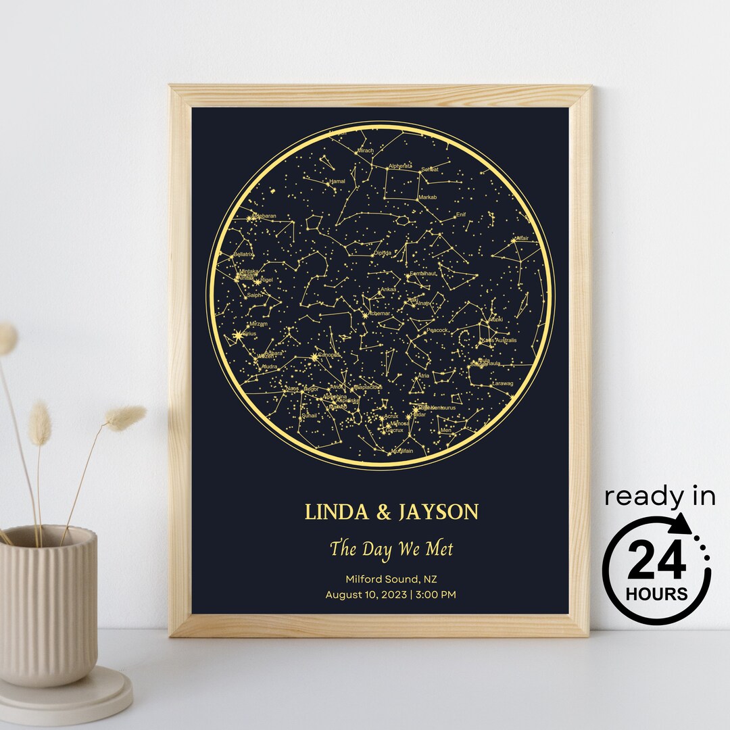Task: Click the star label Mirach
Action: coord(365,151)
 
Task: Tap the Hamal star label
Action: coord(337,182)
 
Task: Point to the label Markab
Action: coord(428,197)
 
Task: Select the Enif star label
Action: coord(461,215)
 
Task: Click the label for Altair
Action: coord(522,239)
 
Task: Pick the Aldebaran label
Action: coord(264,216)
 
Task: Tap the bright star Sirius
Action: coord(237,335)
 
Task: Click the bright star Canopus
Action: coord(315,356)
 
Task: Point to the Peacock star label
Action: coord(437,331)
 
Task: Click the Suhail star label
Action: coord(309,416)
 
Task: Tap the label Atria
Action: coord(424,375)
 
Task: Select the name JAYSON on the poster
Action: coord(439,512)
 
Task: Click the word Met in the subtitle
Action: coord(439,548)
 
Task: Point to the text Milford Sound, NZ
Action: coord(391,579)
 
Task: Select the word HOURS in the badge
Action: coord(656,595)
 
